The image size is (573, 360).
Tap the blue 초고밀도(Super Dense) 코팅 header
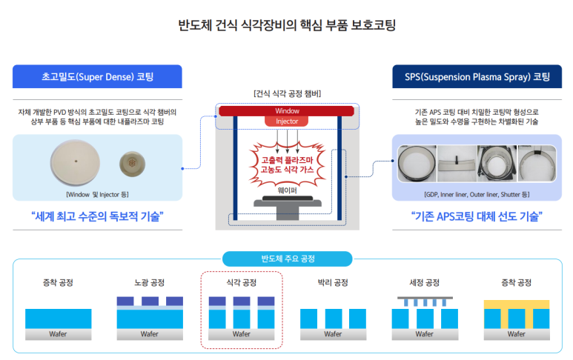coord(97,76)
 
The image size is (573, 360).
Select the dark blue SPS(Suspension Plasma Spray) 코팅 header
coord(477,76)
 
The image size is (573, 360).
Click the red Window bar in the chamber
coord(286,111)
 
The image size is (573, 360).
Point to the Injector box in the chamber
coord(286,121)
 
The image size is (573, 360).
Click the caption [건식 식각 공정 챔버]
coord(286,93)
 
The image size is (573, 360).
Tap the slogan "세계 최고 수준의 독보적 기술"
coord(97,217)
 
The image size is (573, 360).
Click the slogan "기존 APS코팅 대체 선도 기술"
coord(477,217)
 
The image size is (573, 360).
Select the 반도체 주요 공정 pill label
coord(287,259)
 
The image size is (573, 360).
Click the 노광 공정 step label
coord(149,283)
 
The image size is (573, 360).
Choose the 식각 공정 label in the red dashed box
coord(241,283)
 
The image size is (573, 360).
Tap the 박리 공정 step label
coord(332,283)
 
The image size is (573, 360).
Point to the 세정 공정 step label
coord(424,283)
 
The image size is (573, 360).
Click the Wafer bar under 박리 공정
coord(332,334)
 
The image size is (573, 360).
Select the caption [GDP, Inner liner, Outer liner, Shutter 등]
coord(477,194)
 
